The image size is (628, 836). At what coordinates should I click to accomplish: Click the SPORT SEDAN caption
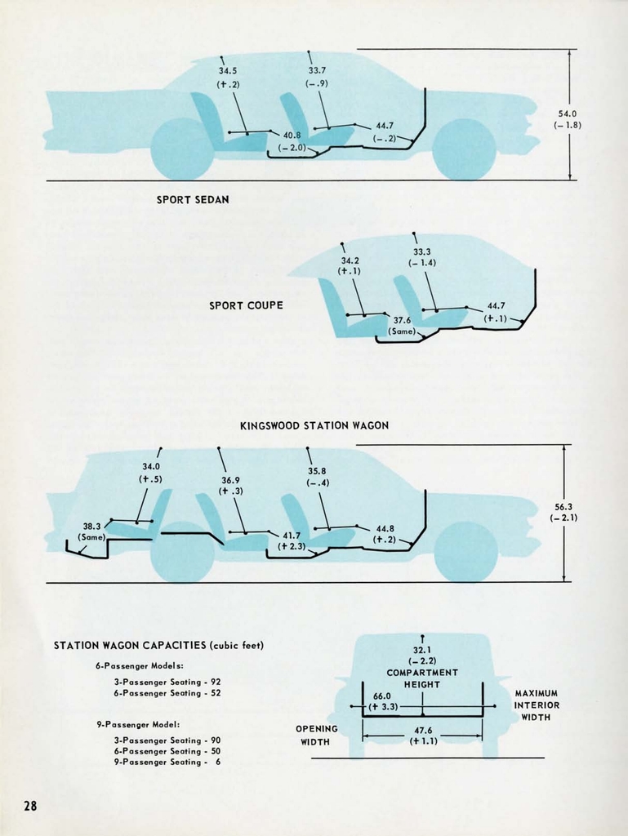[x=193, y=199]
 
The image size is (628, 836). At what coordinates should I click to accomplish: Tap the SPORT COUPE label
[x=246, y=305]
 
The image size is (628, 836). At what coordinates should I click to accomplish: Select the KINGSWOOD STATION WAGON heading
[x=314, y=425]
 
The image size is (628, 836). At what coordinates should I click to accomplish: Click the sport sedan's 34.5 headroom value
[x=228, y=71]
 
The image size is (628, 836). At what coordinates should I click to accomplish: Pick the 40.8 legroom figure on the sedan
[x=292, y=135]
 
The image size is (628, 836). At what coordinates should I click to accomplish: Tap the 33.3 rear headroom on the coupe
[x=422, y=251]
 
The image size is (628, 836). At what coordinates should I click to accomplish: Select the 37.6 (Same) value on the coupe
[x=402, y=321]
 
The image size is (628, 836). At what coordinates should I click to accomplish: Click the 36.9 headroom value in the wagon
[x=230, y=480]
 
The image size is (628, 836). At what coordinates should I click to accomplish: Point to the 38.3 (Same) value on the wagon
[x=91, y=527]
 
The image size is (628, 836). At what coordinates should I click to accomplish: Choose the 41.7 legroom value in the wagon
[x=292, y=536]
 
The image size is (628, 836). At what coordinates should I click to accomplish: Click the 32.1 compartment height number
[x=422, y=650]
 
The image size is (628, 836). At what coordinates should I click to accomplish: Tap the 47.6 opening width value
[x=422, y=731]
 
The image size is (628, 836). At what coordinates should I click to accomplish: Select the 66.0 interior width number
[x=382, y=696]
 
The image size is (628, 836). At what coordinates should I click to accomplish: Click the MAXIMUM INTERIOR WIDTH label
[x=536, y=705]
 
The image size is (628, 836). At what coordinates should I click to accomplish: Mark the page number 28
[x=30, y=807]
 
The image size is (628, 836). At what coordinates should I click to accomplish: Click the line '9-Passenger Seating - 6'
[x=167, y=762]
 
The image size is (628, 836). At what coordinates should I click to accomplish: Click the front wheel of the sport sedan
[x=464, y=149]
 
